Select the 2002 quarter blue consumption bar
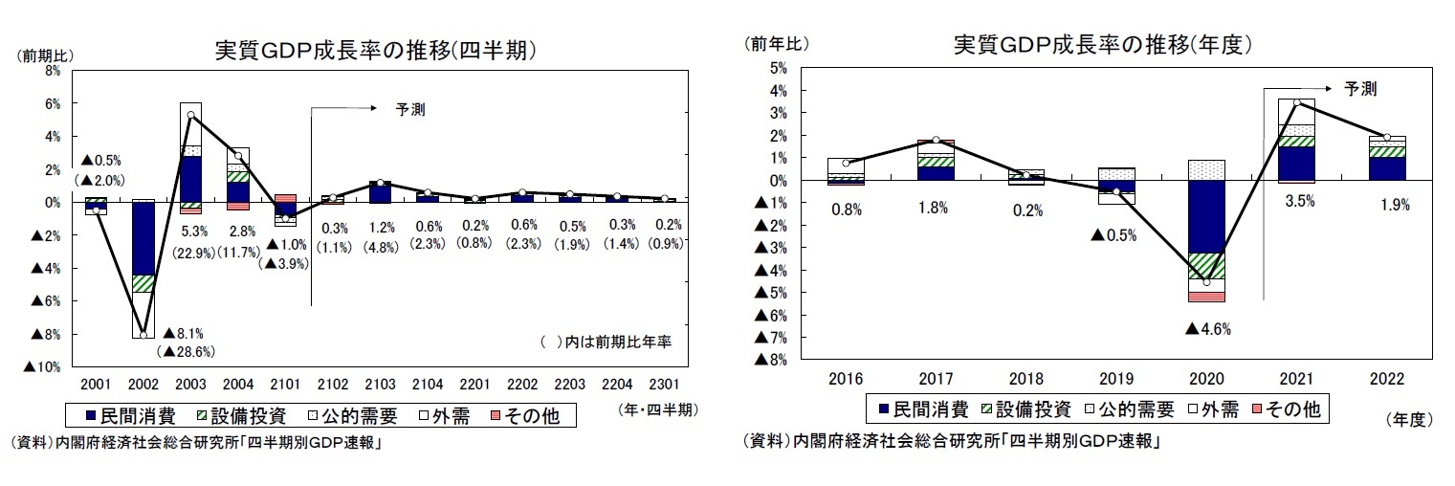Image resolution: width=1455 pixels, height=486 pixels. [x=143, y=238]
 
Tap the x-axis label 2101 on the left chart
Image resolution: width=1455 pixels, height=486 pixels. [x=284, y=383]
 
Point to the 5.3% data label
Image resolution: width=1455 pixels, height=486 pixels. [x=190, y=231]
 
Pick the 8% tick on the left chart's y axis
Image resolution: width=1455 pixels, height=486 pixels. [x=53, y=71]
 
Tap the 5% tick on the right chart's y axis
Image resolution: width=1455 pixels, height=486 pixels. [x=777, y=68]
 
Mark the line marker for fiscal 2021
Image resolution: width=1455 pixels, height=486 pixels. [x=1296, y=103]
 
